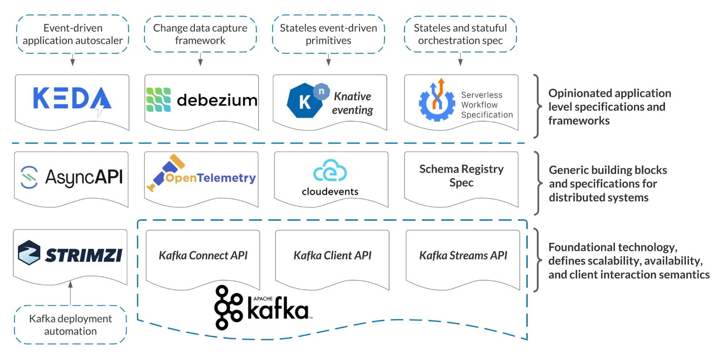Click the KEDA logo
tap(72, 99)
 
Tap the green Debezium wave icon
tap(158, 100)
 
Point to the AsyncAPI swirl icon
tap(29, 177)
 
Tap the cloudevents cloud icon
tap(330, 171)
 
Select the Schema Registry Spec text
tap(461, 176)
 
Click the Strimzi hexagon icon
tap(29, 253)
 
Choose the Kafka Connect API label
tap(203, 255)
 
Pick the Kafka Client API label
tap(332, 255)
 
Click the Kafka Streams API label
tap(463, 255)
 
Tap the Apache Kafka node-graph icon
tap(228, 307)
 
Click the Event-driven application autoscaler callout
tap(73, 34)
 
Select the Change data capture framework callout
tap(200, 34)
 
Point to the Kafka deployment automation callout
tap(70, 325)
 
